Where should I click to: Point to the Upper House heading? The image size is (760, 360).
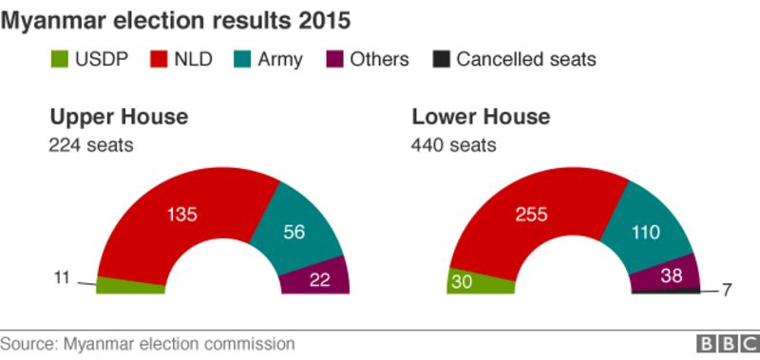click(x=119, y=117)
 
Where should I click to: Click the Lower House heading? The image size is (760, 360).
click(x=481, y=117)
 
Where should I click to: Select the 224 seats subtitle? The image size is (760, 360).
click(x=91, y=145)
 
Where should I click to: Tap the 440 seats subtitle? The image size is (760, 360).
click(x=453, y=145)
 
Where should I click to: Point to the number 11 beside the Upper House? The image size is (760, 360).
click(x=62, y=278)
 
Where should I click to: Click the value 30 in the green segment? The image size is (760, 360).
click(x=464, y=282)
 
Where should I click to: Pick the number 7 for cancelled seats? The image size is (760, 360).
click(x=727, y=291)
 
